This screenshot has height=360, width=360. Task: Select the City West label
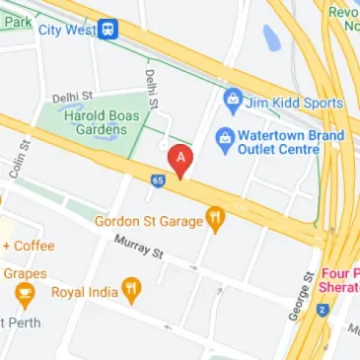[67, 31]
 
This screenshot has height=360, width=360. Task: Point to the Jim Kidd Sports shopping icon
[232, 99]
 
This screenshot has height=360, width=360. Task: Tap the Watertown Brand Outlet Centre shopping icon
[224, 135]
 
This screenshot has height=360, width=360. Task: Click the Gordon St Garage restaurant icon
[214, 220]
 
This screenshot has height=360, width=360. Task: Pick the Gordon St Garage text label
[147, 221]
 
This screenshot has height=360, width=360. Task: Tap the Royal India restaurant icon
[131, 290]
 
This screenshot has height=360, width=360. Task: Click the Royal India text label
[83, 292]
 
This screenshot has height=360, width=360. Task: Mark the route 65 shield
[158, 180]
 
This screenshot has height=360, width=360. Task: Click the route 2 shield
[322, 310]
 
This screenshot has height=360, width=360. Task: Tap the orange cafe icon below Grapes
[22, 293]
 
